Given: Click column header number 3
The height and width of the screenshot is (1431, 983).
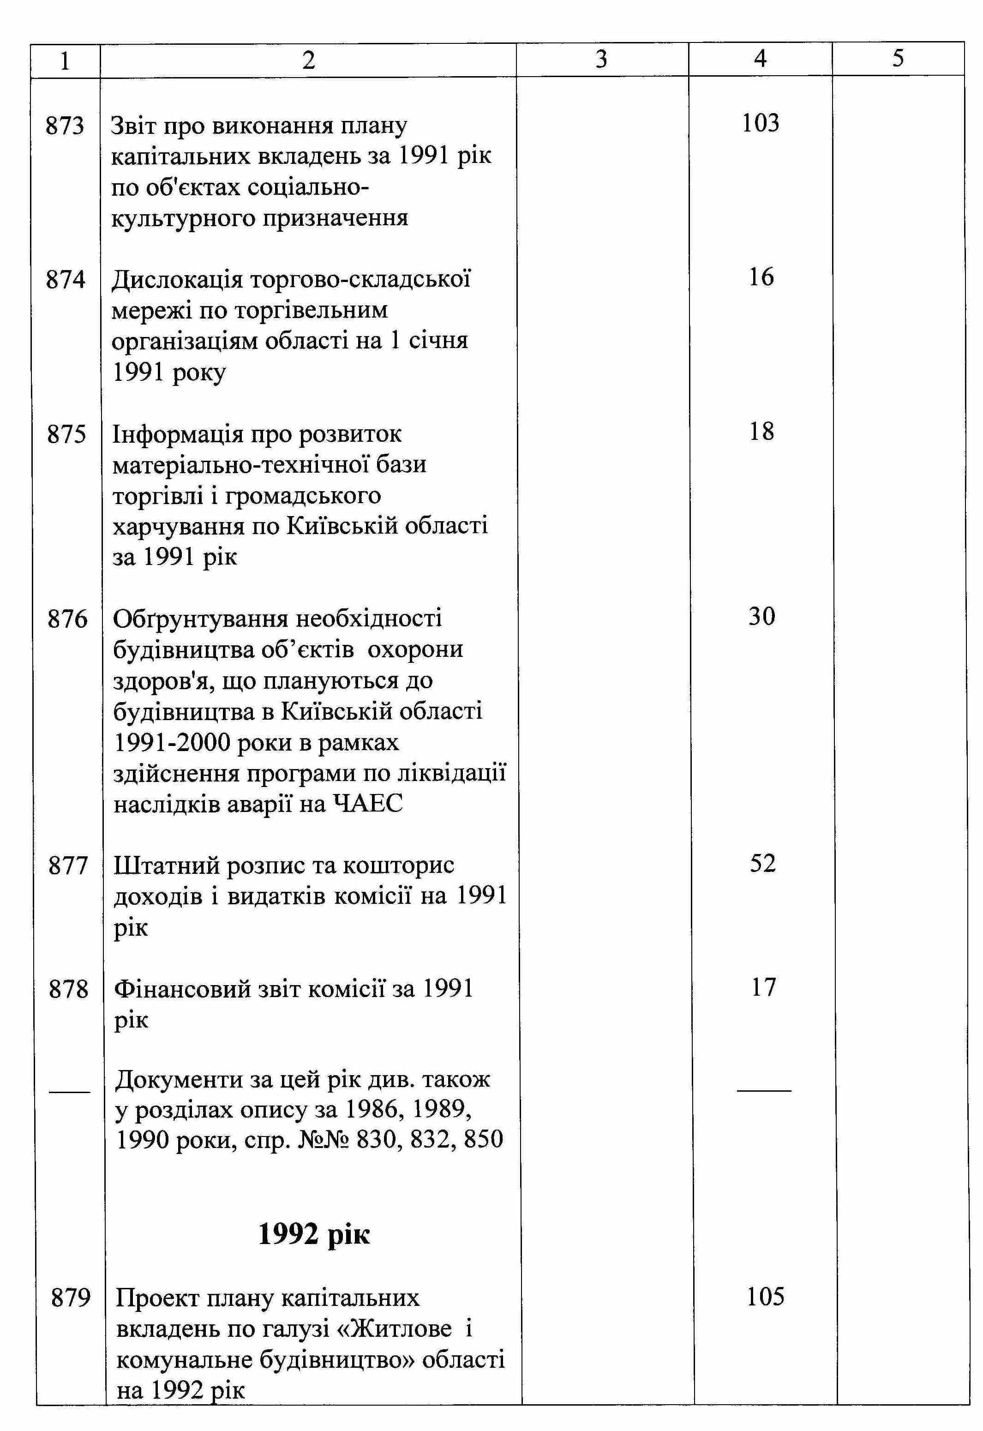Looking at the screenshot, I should click(601, 59).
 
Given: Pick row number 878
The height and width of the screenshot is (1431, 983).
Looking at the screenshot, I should click(68, 989).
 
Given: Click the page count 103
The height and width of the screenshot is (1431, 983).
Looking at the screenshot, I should click(761, 123).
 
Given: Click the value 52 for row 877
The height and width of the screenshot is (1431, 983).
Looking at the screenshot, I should click(762, 864).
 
